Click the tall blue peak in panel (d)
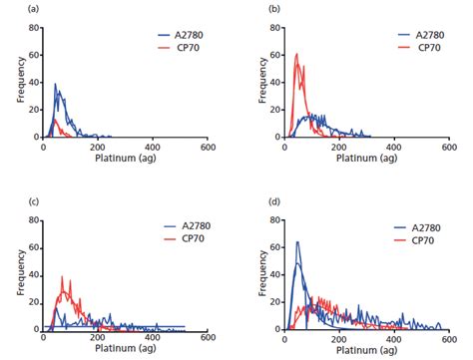click(296, 242)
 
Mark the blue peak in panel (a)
click(56, 85)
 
